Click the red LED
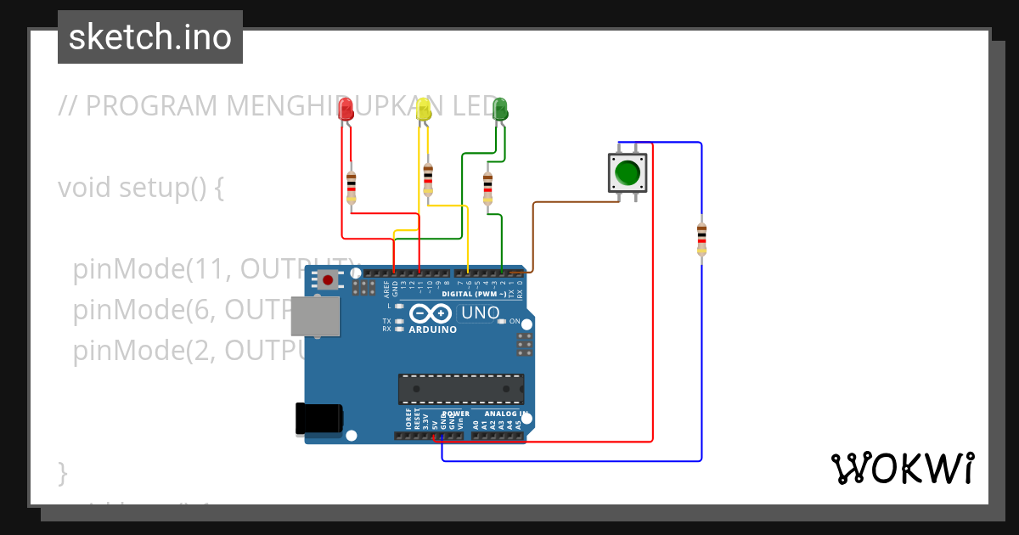pos(346,110)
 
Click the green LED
pos(500,109)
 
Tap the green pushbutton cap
pos(628,172)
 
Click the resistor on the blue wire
pos(701,239)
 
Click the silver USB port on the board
pos(314,316)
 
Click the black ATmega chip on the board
pos(461,388)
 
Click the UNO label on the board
pos(480,313)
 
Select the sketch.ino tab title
pos(150,37)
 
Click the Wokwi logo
pos(902,468)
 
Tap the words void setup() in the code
pos(140,188)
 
